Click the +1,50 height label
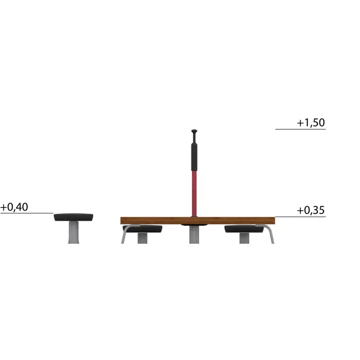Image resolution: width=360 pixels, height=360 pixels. pyautogui.click(x=311, y=123)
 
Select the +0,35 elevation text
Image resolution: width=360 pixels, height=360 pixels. pyautogui.click(x=311, y=210)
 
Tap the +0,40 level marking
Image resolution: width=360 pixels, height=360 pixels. pyautogui.click(x=14, y=207)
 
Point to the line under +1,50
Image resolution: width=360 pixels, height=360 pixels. pyautogui.click(x=300, y=129)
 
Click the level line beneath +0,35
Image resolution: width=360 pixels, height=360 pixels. pyautogui.click(x=300, y=217)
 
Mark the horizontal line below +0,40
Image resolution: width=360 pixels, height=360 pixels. pyautogui.click(x=27, y=213)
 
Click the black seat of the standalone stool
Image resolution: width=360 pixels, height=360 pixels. pyautogui.click(x=74, y=217)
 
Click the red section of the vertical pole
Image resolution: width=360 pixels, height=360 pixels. pyautogui.click(x=194, y=192)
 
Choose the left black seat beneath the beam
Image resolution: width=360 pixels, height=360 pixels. pyautogui.click(x=143, y=229)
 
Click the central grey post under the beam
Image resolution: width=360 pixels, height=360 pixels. pyautogui.click(x=194, y=235)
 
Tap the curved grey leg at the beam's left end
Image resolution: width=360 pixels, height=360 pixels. pyautogui.click(x=124, y=235)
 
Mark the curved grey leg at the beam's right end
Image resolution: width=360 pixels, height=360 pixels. pyautogui.click(x=271, y=235)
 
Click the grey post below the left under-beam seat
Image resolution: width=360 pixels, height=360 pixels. pyautogui.click(x=142, y=238)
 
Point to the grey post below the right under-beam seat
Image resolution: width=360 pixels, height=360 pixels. pyautogui.click(x=244, y=238)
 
